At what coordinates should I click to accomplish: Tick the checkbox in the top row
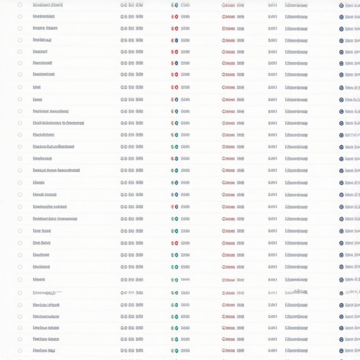coord(20,4)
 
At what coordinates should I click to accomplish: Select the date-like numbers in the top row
coord(131,4)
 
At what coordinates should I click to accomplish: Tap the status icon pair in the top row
coord(174,4)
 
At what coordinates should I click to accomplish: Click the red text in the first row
coord(233,4)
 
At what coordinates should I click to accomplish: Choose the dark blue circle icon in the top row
coord(341,5)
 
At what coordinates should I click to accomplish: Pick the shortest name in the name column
coord(37,87)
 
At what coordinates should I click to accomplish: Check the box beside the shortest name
coord(20,87)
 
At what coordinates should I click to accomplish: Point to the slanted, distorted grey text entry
coord(296,291)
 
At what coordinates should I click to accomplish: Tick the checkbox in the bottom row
coord(20,349)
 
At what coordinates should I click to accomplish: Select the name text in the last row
coord(44,349)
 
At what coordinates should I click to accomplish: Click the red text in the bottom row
coord(233,349)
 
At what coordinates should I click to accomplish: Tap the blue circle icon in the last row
coord(341,349)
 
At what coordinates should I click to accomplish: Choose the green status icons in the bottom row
coord(174,349)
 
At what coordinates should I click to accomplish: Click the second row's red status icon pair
coord(174,16)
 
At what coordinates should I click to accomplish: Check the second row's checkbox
coord(20,16)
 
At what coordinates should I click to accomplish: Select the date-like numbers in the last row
coord(131,349)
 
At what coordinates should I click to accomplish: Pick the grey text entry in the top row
coord(296,4)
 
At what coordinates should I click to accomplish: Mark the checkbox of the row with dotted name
coord(20,292)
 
